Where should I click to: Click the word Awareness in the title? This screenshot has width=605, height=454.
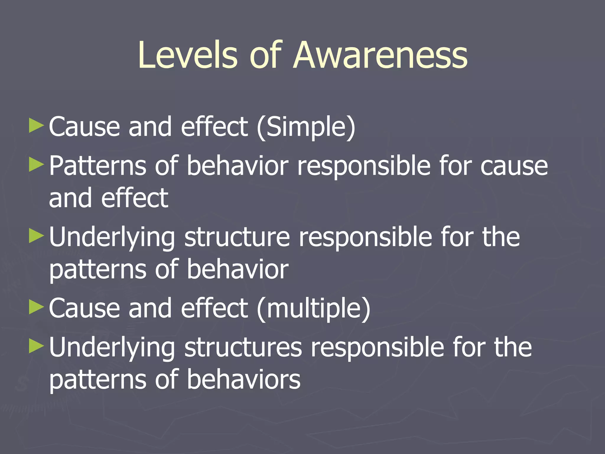[x=381, y=55]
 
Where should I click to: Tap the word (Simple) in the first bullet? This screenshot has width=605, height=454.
[x=306, y=127]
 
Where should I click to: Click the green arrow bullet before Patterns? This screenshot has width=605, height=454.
[x=37, y=164]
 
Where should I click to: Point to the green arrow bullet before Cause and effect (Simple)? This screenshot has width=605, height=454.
[x=37, y=126]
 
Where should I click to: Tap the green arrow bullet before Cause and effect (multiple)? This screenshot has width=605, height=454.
[x=37, y=307]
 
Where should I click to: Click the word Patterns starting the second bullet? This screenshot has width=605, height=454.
[x=98, y=166]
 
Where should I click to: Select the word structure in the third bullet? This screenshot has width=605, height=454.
[x=237, y=237]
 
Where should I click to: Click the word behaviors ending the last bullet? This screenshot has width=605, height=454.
[x=244, y=380]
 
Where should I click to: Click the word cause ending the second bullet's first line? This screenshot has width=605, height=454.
[x=514, y=166]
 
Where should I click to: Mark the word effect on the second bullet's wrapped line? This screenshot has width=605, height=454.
[x=135, y=198]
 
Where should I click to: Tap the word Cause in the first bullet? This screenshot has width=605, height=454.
[x=84, y=127]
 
